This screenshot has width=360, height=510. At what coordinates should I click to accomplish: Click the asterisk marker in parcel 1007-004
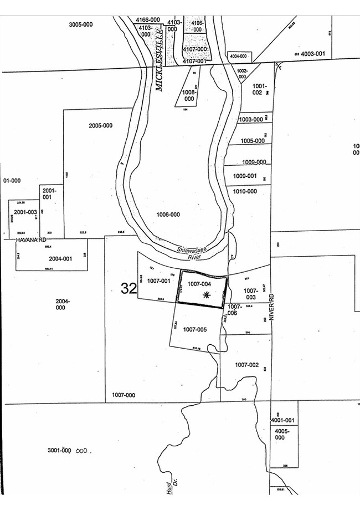206,295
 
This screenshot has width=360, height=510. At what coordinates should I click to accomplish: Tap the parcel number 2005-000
100,125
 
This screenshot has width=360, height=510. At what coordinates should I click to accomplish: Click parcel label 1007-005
194,329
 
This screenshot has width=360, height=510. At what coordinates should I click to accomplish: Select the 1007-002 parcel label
246,364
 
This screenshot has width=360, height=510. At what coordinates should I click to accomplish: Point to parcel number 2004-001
60,258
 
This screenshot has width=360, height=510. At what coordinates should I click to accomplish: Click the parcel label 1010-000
245,191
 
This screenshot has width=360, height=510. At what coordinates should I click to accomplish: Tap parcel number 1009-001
245,176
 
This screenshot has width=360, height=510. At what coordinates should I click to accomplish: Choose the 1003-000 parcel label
251,119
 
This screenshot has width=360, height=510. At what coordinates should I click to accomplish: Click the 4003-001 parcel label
312,54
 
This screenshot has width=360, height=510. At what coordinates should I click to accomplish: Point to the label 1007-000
124,395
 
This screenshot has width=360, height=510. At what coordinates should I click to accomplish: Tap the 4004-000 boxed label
238,57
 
